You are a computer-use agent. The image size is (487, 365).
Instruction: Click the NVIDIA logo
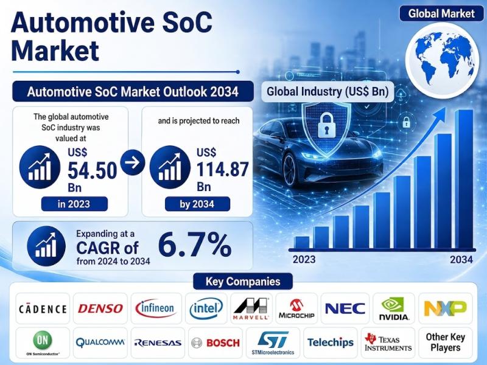pyautogui.click(x=394, y=308)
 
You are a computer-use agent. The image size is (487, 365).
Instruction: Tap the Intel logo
pyautogui.click(x=206, y=308)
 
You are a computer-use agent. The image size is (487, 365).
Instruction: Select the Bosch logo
pyautogui.click(x=215, y=342)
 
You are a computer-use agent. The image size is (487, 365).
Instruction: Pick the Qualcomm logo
pyautogui.click(x=100, y=342)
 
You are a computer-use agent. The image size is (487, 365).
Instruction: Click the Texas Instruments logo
pyautogui.click(x=388, y=342)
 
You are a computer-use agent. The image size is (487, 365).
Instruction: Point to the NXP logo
pyautogui.click(x=445, y=308)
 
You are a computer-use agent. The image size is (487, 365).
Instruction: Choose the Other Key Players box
pyautogui.click(x=446, y=342)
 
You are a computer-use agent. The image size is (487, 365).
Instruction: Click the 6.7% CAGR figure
pyautogui.click(x=195, y=245)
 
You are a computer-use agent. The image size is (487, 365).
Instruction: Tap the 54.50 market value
pyautogui.click(x=93, y=170)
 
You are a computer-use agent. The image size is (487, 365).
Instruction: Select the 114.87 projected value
pyautogui.click(x=222, y=170)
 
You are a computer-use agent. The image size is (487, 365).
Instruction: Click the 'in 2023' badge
pyautogui.click(x=74, y=204)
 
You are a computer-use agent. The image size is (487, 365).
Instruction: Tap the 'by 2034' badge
pyautogui.click(x=197, y=204)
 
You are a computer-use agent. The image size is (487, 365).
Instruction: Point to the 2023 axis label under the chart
pyautogui.click(x=304, y=259)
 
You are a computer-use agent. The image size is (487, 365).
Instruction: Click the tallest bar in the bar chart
pyautogui.click(x=464, y=179)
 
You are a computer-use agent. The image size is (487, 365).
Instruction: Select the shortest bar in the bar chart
pyautogui.click(x=301, y=243)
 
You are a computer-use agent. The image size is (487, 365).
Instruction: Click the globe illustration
pyautogui.click(x=442, y=58)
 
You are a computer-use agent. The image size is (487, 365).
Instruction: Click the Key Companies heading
pyautogui.click(x=243, y=282)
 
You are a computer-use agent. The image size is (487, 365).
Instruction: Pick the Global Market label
pyautogui.click(x=441, y=13)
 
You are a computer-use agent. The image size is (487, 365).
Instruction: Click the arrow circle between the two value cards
pyautogui.click(x=133, y=162)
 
